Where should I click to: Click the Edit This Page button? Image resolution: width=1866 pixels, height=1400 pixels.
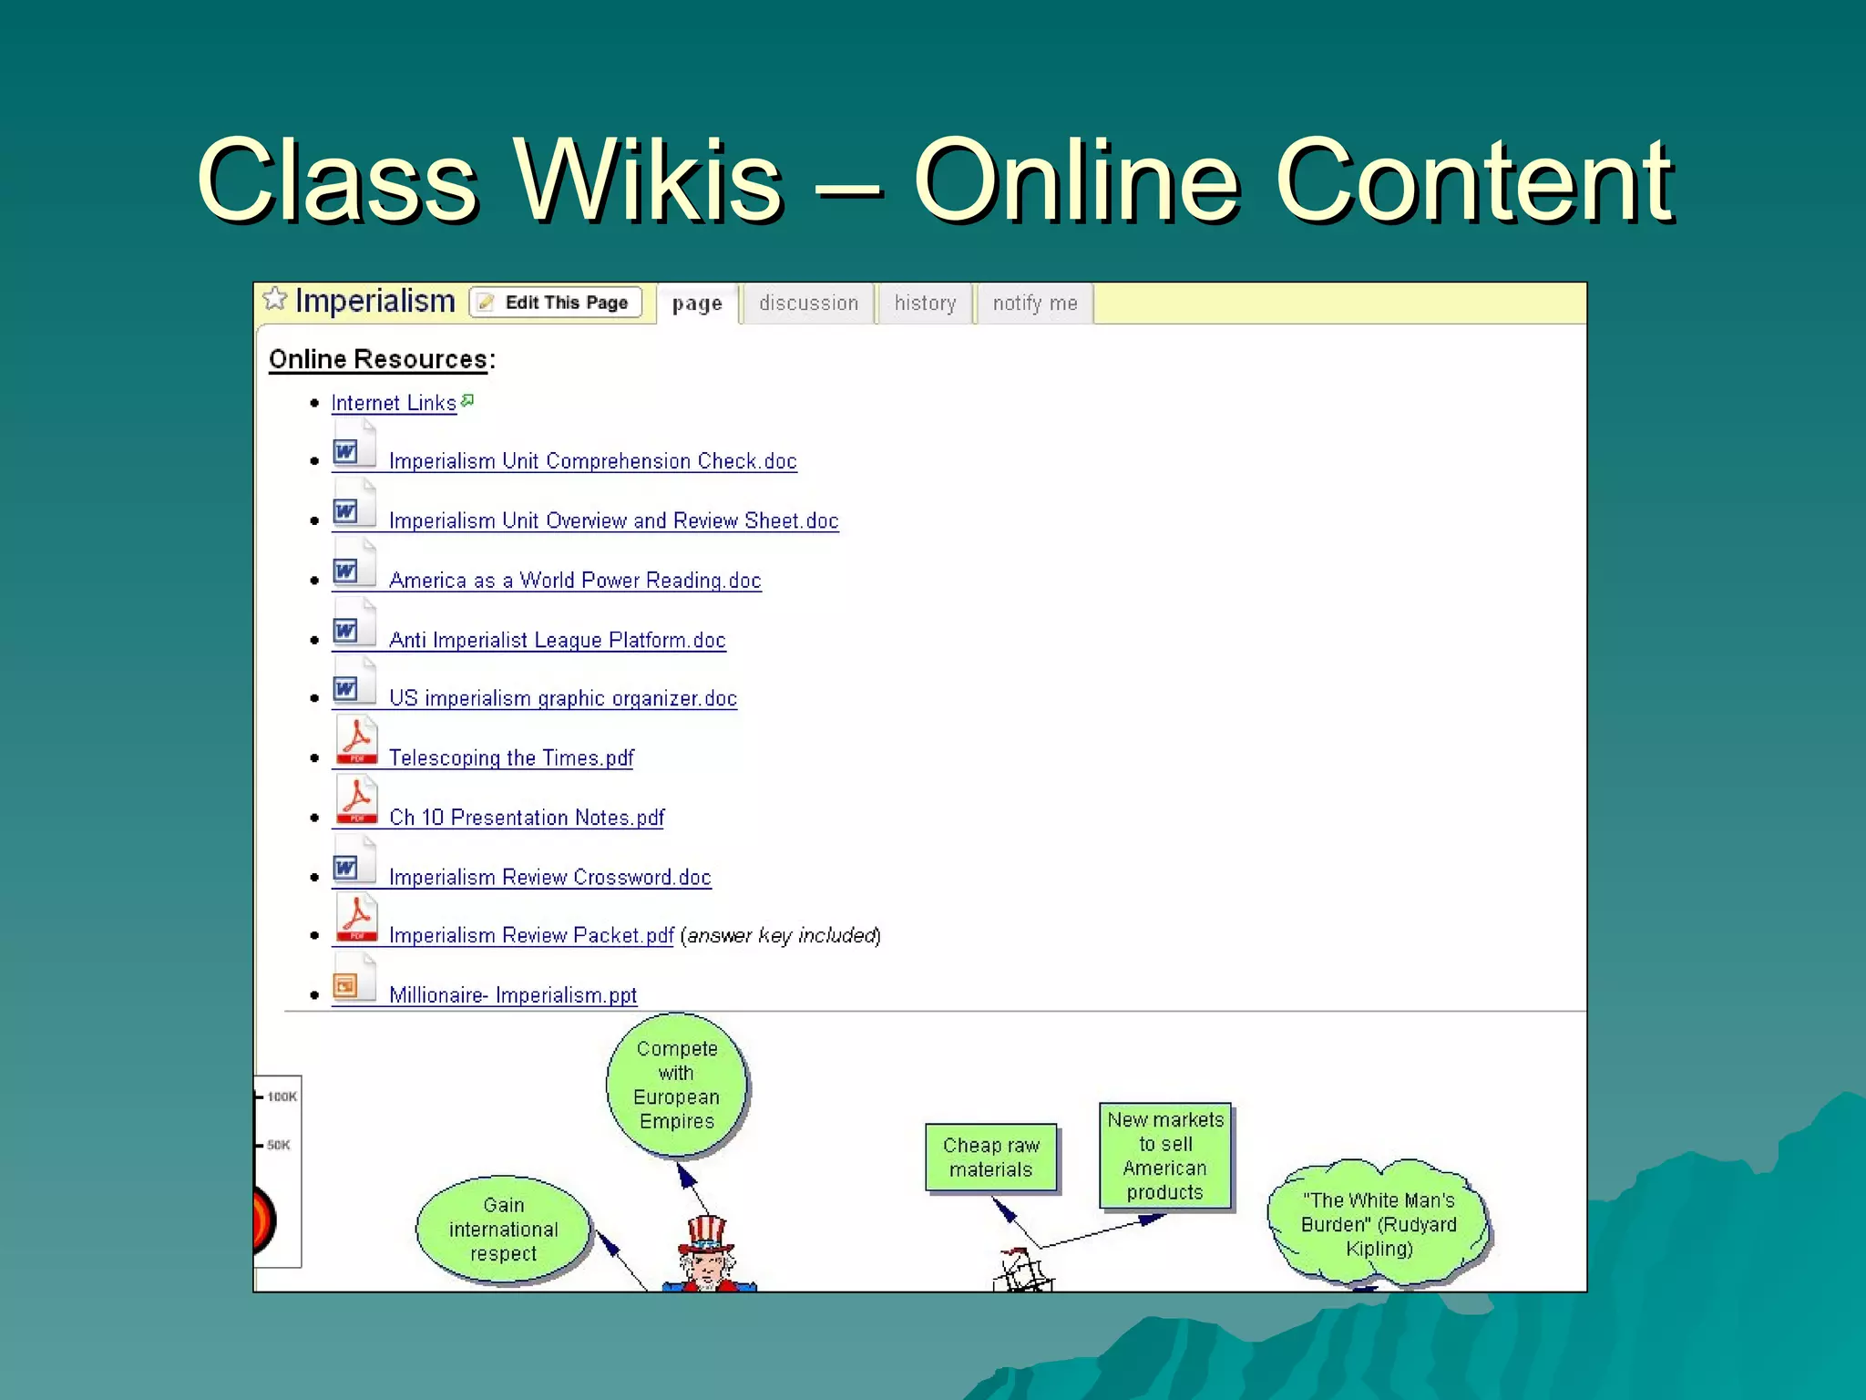(x=556, y=303)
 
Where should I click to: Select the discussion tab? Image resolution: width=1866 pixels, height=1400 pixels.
(x=808, y=304)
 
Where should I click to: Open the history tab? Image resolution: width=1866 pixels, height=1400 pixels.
(x=925, y=304)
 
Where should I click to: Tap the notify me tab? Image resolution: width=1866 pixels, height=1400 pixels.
(x=1035, y=304)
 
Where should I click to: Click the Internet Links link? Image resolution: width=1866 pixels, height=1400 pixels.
(x=394, y=403)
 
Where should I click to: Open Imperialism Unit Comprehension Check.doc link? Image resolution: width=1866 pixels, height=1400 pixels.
(x=592, y=461)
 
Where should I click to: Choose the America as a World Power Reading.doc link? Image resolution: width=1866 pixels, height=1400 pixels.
(x=575, y=581)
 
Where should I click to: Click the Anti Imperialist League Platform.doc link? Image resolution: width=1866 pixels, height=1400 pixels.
(x=557, y=640)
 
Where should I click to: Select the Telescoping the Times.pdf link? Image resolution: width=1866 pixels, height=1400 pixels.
(x=511, y=758)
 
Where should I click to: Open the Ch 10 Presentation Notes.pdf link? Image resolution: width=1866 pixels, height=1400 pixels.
(x=527, y=818)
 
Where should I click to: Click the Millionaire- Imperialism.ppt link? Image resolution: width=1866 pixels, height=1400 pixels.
(x=513, y=995)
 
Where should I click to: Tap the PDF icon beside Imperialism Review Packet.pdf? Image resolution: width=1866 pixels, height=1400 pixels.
(x=356, y=918)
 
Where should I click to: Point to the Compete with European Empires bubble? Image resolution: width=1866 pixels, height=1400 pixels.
(x=677, y=1085)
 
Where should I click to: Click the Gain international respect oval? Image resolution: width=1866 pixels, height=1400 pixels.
(x=503, y=1230)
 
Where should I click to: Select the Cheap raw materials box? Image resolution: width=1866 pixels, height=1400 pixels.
(x=991, y=1158)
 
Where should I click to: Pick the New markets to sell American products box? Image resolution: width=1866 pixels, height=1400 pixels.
(x=1165, y=1156)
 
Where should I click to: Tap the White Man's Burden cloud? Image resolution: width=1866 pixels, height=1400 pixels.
(x=1379, y=1224)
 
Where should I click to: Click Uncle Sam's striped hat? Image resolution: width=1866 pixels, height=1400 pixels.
(x=707, y=1232)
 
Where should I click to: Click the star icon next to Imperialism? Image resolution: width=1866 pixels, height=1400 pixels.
(x=274, y=299)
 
